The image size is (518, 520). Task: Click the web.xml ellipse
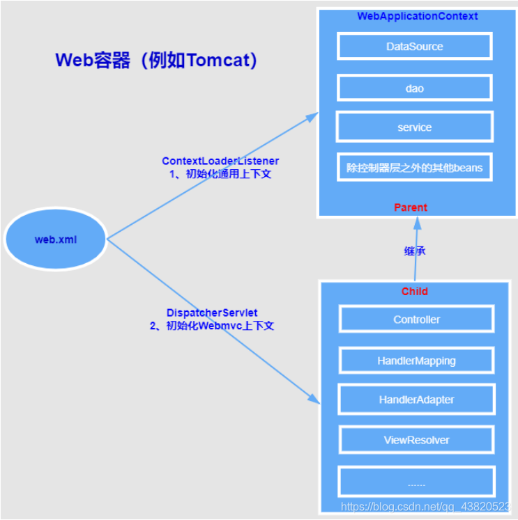tap(56, 239)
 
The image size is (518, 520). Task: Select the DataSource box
tap(415, 47)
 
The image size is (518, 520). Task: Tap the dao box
tap(415, 88)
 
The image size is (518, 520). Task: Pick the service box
tap(415, 127)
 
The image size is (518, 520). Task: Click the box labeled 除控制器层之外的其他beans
tap(415, 167)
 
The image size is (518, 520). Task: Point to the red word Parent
tap(411, 207)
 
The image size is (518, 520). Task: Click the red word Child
tap(415, 292)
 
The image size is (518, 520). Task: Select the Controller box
tap(417, 320)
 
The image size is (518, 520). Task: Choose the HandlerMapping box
tap(417, 361)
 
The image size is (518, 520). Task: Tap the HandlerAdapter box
tap(417, 400)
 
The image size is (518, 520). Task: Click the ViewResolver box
tap(417, 440)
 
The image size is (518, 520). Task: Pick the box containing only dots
tap(417, 482)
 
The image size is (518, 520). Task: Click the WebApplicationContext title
tap(418, 16)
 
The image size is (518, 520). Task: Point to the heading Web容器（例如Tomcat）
tap(158, 61)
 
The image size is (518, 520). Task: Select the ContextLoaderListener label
tap(220, 161)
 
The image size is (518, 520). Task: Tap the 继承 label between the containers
tap(415, 251)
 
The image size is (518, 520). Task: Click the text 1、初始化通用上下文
tap(220, 174)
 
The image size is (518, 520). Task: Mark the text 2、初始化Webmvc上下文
tap(212, 326)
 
